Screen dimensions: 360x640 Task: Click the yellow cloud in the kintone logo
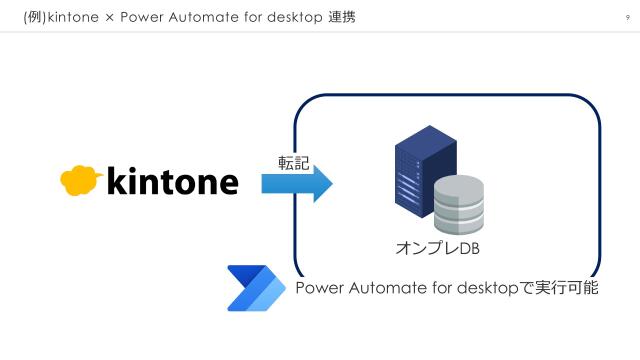80,180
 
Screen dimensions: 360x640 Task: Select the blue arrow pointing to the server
296,183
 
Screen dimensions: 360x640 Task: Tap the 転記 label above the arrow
293,161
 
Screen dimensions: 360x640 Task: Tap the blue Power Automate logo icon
256,288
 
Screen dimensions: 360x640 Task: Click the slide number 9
627,17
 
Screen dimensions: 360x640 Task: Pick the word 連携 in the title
341,17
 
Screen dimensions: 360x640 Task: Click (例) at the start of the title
33,17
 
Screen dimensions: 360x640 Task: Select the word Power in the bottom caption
318,289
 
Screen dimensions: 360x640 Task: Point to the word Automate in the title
199,17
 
